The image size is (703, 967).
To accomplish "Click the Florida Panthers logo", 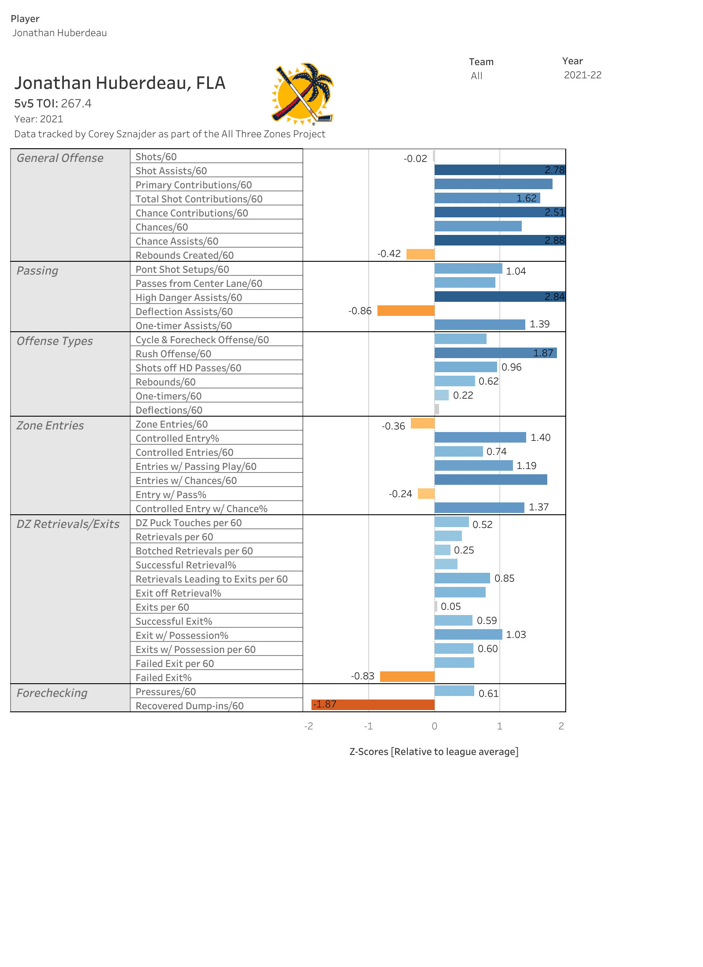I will tap(303, 94).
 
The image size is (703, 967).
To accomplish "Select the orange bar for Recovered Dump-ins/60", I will tap(373, 705).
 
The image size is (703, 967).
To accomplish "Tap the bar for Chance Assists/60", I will tap(500, 240).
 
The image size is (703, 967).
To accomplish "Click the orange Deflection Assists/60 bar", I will tap(406, 311).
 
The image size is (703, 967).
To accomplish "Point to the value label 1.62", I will tap(526, 198).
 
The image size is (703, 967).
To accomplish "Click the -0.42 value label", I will tap(389, 254).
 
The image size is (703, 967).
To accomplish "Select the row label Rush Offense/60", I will tap(173, 354).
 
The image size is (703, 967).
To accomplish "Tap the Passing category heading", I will tap(37, 271).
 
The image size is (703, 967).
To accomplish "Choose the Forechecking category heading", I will tap(52, 693).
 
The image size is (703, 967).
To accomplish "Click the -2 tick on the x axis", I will tap(308, 726).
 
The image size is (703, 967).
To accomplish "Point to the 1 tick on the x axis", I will tap(500, 726).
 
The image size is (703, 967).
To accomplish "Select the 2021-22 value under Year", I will tap(582, 75).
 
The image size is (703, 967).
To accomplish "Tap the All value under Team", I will tap(476, 76).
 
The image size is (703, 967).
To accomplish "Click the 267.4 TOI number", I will tap(76, 103).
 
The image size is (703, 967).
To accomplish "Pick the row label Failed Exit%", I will tap(163, 678).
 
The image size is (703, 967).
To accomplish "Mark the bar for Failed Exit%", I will tap(407, 677).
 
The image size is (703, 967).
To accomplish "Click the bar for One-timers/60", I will tap(441, 395).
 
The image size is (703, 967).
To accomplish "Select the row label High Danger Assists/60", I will tap(189, 297).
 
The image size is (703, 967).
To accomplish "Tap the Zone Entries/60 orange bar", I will tap(422, 423).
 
